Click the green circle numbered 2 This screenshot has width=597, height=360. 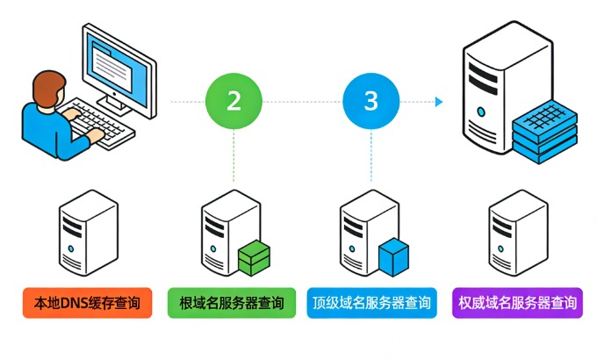[234, 100]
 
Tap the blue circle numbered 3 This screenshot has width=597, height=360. [370, 100]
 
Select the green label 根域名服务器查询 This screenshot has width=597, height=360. [231, 304]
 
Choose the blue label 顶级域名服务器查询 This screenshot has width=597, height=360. [371, 304]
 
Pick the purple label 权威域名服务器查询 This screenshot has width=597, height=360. [517, 304]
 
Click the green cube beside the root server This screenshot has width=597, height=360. [255, 256]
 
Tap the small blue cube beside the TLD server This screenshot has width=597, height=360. [393, 256]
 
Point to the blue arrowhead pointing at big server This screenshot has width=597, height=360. [438, 101]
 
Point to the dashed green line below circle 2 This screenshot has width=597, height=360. [234, 158]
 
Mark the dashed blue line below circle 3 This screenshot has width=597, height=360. [370, 158]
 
